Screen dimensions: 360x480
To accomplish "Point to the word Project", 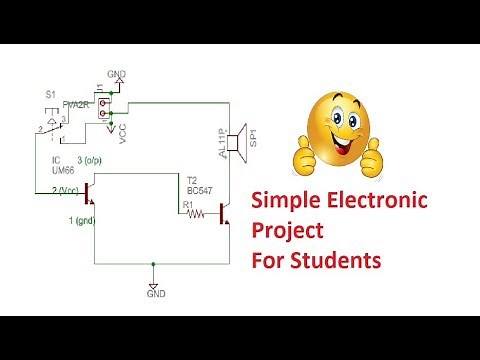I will [287, 232].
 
